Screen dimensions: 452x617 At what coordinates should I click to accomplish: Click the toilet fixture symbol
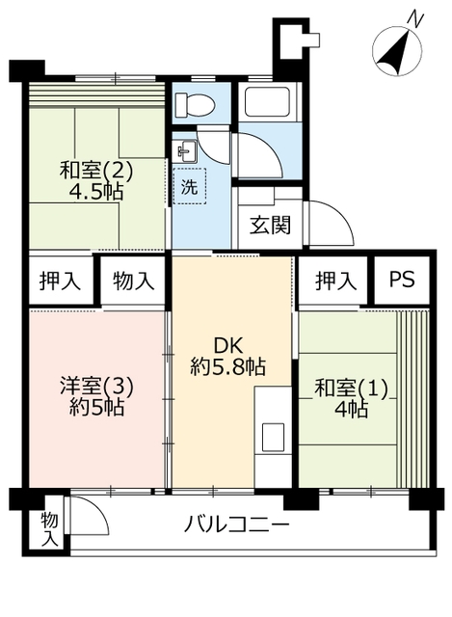point(195,105)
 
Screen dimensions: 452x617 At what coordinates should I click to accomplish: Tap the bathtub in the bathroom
point(268,101)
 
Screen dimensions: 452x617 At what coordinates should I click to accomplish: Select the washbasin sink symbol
point(184,151)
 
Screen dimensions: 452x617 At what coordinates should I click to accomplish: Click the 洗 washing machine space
point(189,186)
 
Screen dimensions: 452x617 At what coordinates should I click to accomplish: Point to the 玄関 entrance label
point(271,226)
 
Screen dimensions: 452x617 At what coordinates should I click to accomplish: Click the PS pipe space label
point(401,279)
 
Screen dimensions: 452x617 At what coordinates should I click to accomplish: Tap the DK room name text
point(228,347)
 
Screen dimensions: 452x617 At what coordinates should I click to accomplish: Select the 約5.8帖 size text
point(228,366)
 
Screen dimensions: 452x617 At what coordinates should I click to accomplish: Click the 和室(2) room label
point(96,172)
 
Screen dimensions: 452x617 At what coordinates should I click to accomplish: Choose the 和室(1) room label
point(352,389)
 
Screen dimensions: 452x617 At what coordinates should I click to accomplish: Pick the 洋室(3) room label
point(96,387)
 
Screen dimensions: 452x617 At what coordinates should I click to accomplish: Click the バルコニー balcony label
point(237,524)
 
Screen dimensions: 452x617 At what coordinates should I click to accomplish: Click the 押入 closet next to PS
point(335,281)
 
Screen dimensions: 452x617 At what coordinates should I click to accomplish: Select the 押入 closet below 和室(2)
point(60,281)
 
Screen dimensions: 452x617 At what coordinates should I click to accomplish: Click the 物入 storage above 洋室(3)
point(133,281)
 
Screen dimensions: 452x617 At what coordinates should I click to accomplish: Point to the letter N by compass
point(415,18)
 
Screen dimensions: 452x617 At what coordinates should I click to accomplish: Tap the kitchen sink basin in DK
point(273,437)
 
